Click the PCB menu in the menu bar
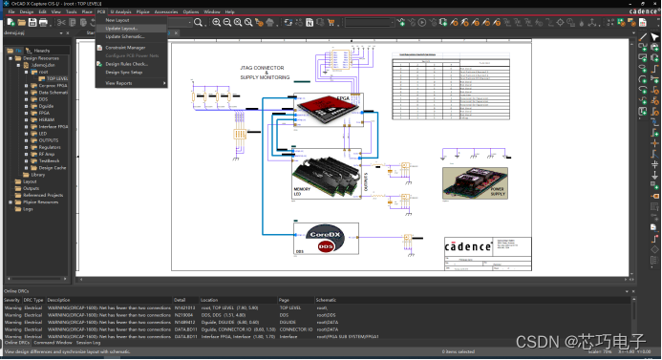pos(101,11)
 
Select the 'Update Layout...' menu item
pos(121,28)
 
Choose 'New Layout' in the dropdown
pos(117,19)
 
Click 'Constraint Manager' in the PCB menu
pos(125,47)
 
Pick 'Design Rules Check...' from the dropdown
pos(126,64)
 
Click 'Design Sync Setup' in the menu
pos(124,73)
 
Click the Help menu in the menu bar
pos(229,11)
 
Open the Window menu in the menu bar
pos(212,11)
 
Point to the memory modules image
pos(325,177)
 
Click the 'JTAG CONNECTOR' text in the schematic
pos(262,67)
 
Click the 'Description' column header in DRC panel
pos(58,300)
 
